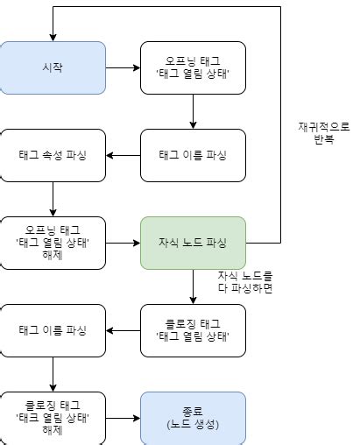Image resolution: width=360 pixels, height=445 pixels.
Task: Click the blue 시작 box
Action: [53, 67]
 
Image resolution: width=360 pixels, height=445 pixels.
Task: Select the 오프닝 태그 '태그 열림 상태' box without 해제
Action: [193, 67]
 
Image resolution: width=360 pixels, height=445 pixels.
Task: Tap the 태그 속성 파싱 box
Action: [53, 155]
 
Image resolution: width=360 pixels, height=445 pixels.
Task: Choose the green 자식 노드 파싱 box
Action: [193, 243]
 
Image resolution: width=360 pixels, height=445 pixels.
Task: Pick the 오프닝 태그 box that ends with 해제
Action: [53, 243]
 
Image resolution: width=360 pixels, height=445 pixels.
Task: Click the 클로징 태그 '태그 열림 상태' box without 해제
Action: [193, 330]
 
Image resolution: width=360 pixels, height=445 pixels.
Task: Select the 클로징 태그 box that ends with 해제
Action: [53, 418]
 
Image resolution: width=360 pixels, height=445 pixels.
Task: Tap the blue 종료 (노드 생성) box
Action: [193, 418]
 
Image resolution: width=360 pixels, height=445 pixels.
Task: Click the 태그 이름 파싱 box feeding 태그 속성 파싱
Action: [193, 155]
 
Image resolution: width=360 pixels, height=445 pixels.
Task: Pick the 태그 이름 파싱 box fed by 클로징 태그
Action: [53, 330]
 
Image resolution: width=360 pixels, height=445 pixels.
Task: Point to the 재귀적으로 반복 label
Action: [323, 133]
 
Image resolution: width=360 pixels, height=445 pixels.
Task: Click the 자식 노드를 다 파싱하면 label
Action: [245, 282]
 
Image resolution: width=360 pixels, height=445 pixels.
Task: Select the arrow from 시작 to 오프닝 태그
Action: [123, 67]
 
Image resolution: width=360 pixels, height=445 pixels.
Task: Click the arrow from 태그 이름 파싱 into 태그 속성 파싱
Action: [123, 155]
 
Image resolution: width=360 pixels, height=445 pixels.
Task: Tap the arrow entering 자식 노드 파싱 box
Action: [123, 243]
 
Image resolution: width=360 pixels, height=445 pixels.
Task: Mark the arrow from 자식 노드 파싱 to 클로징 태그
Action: [193, 286]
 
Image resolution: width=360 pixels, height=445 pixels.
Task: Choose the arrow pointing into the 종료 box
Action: [123, 418]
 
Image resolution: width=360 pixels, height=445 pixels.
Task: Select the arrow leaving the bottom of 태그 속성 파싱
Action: [53, 199]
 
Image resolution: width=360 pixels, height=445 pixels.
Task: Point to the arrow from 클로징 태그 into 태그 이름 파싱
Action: [123, 330]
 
